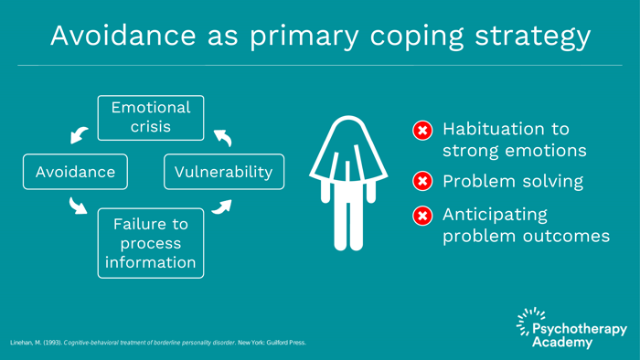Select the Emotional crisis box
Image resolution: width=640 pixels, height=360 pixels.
151,118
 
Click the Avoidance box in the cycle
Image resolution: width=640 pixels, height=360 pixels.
76,172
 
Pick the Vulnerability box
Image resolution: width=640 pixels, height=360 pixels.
224,172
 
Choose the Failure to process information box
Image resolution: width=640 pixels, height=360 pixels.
151,244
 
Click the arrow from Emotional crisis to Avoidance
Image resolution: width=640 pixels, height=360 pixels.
80,134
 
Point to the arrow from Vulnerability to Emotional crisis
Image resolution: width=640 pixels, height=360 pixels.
221,136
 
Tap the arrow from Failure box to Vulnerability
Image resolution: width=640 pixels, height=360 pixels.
221,206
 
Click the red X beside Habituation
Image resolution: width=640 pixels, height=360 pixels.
422,130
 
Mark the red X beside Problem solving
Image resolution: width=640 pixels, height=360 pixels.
422,181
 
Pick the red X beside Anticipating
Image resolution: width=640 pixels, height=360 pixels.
422,216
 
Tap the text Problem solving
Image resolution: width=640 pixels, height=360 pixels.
513,181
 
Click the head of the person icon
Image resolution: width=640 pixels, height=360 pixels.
348,131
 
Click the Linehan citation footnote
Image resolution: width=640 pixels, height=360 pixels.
157,343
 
